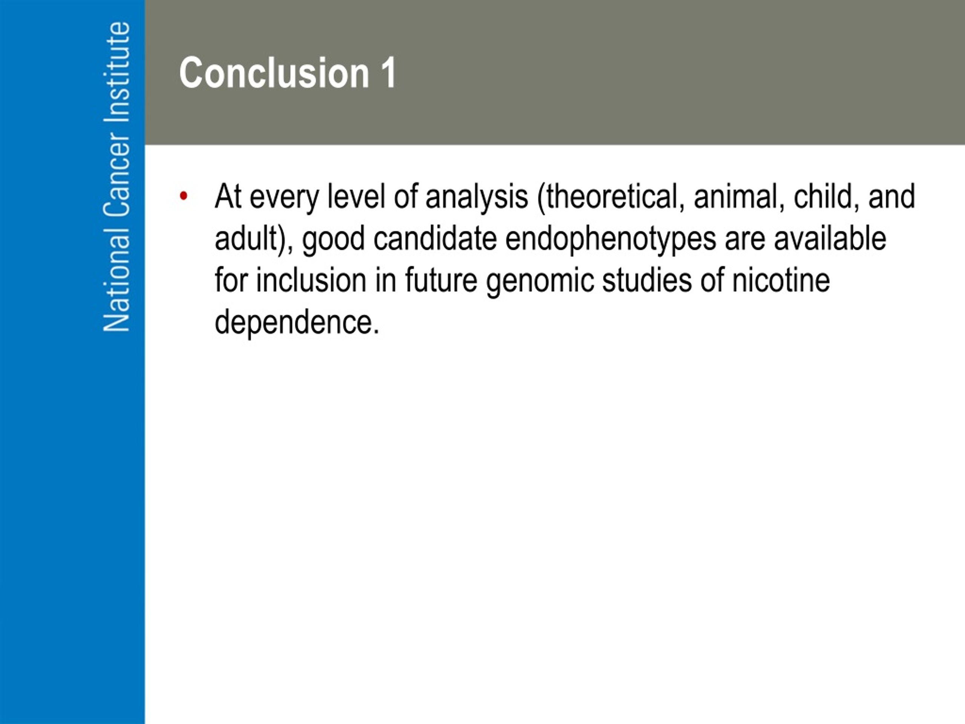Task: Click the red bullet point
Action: pos(184,196)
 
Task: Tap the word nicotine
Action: pos(781,280)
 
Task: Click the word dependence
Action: pos(297,322)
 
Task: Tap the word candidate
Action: pos(435,239)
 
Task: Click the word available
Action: pos(830,239)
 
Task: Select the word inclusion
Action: pos(311,280)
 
